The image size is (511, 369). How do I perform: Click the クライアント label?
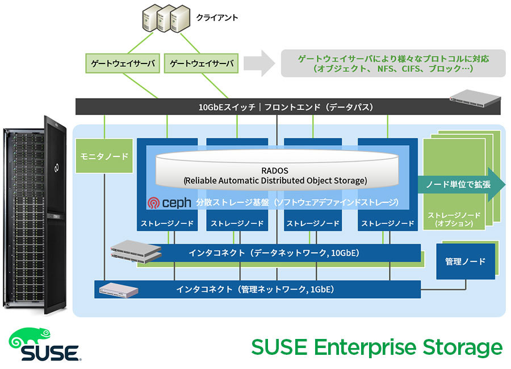[216, 18]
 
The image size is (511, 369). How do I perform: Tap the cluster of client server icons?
[165, 18]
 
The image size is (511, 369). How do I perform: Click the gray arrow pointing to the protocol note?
[261, 63]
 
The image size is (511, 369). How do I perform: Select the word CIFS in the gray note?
[418, 69]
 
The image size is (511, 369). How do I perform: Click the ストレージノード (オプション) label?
[454, 219]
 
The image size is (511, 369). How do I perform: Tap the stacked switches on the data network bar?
[136, 252]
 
